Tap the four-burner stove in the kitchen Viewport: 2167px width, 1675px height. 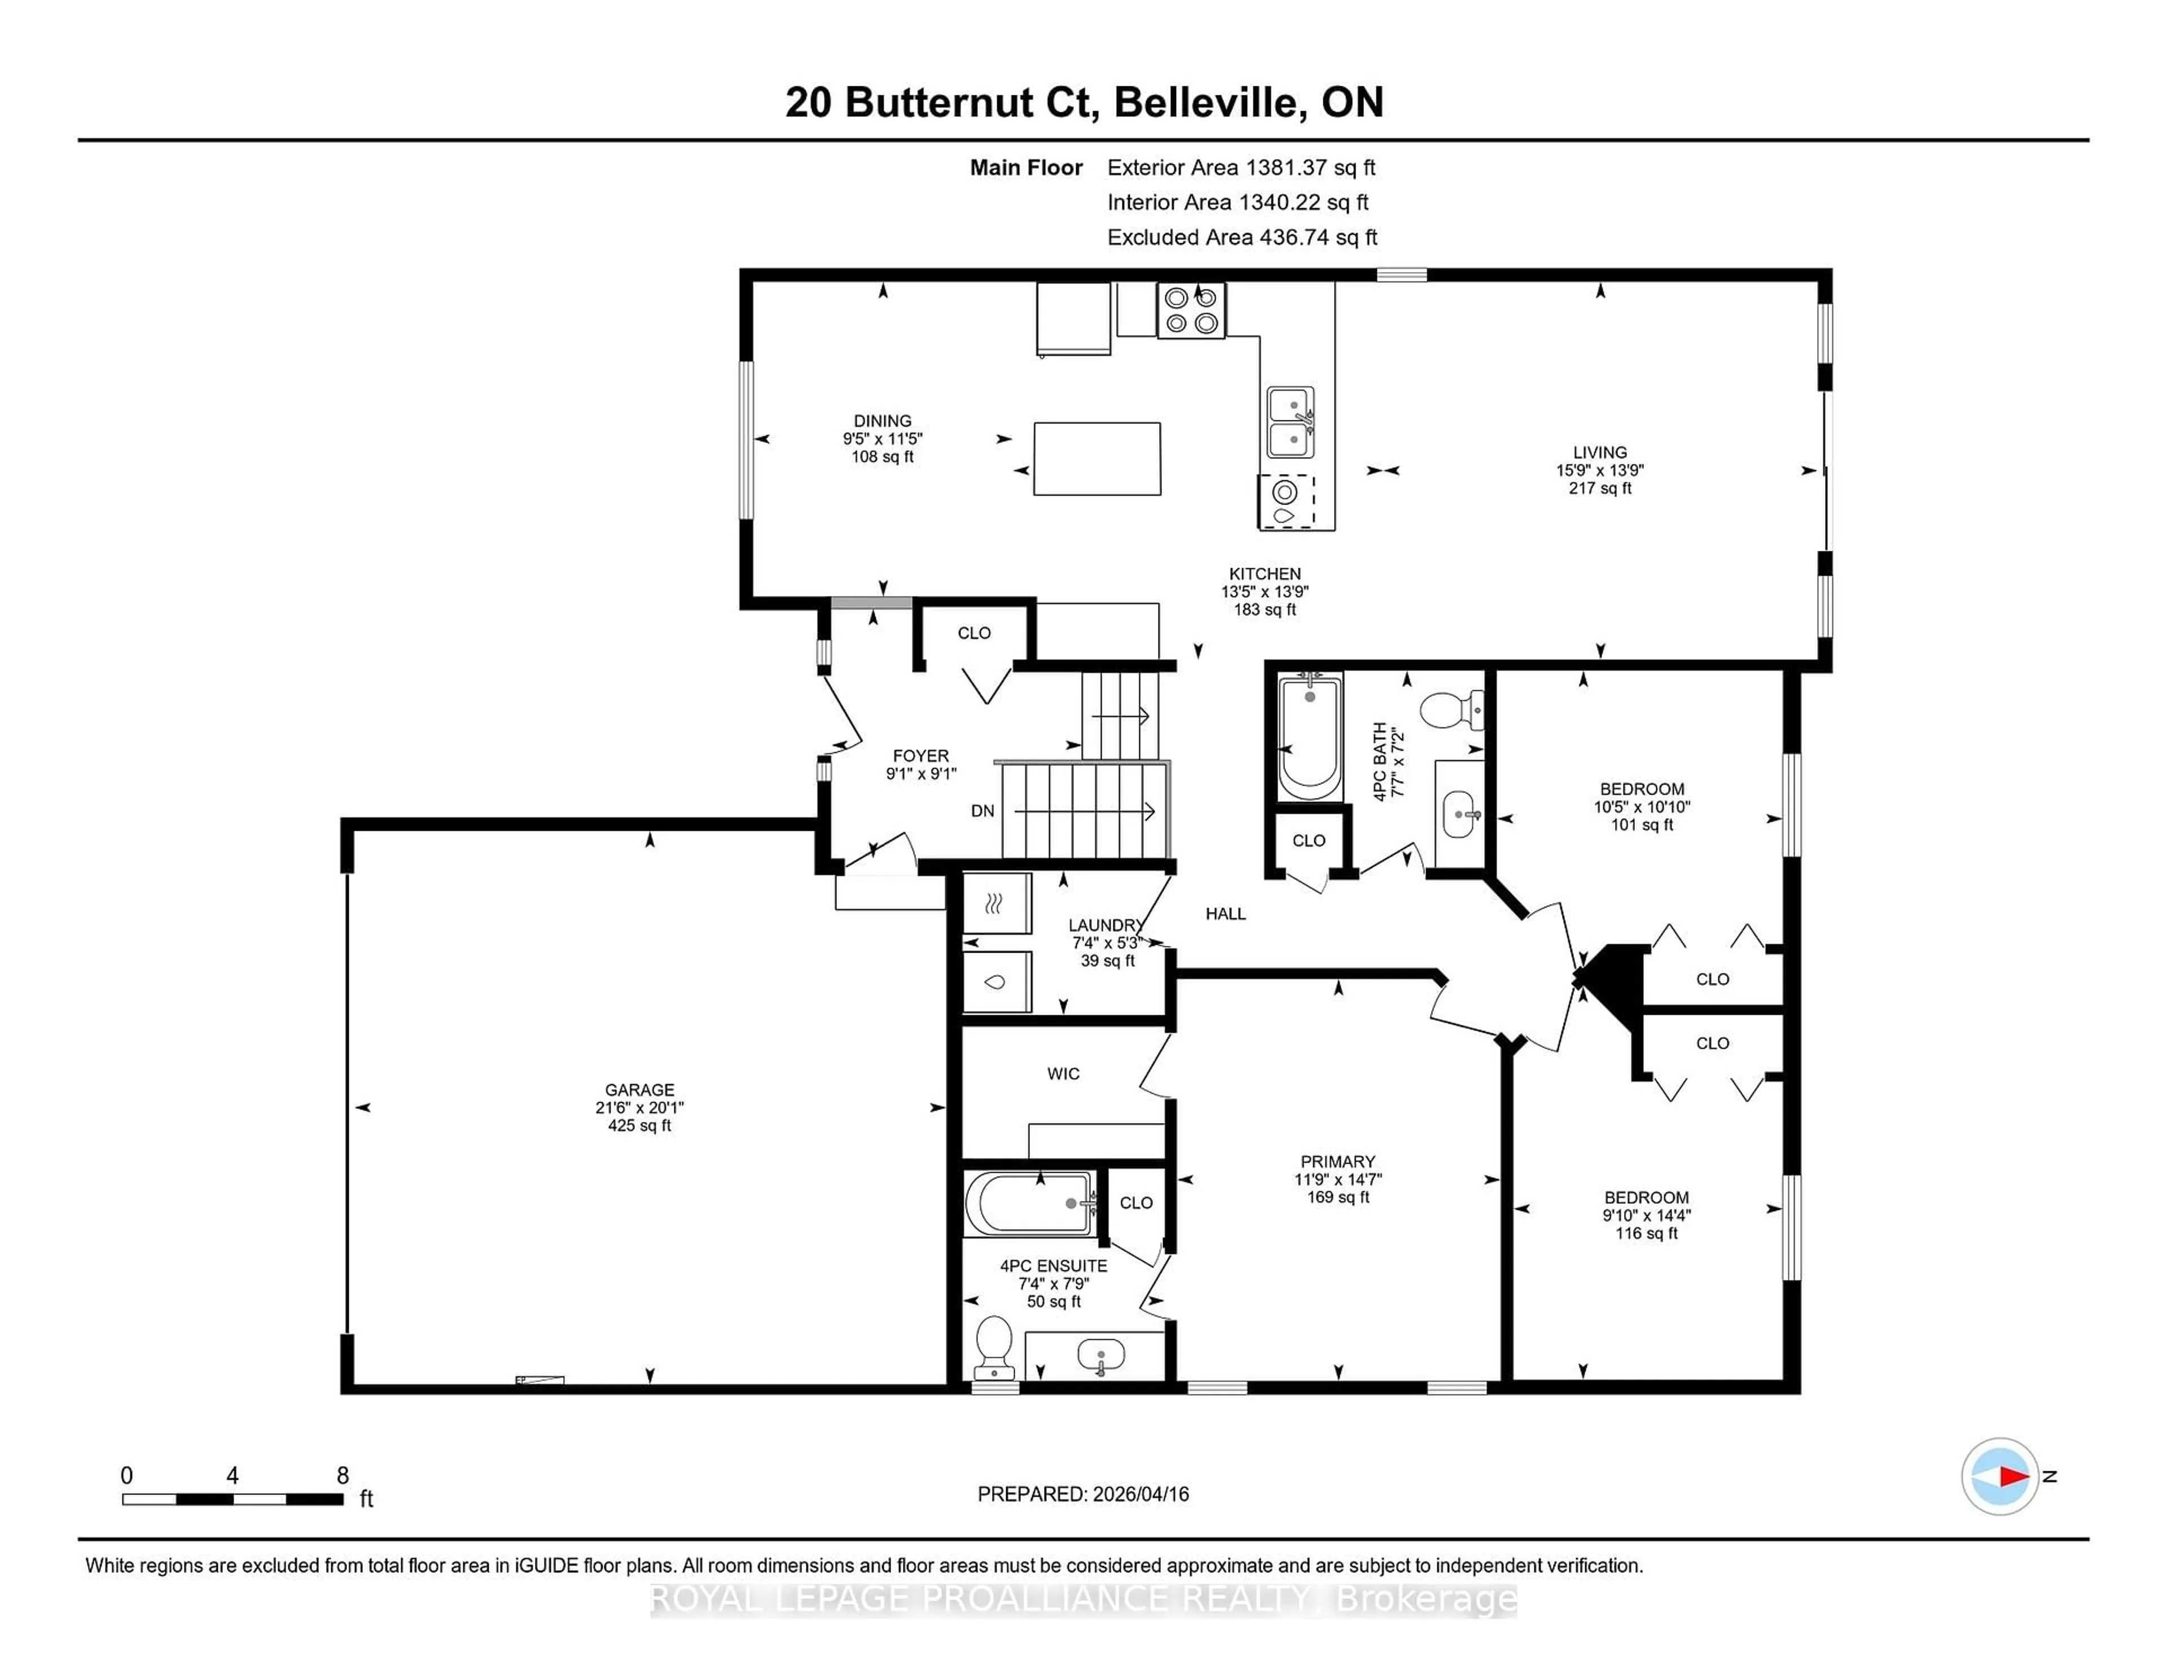pos(1191,310)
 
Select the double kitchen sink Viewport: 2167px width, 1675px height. pos(1290,422)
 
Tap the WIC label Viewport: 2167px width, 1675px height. pos(1063,1073)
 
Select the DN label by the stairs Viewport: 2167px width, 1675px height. pos(982,811)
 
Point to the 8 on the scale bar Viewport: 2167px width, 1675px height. pos(343,1476)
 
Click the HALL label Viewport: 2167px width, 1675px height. pos(1225,914)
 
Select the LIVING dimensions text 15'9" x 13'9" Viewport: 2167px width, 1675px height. pos(1599,470)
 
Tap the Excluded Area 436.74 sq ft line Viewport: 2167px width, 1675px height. pos(1242,237)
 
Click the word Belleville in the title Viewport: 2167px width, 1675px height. pos(1205,102)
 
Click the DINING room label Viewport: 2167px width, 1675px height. pos(882,421)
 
